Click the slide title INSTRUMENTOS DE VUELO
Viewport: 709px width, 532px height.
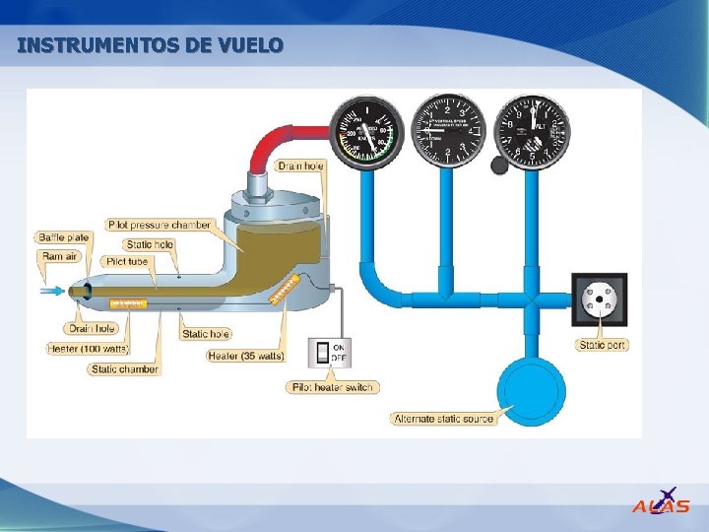tap(151, 45)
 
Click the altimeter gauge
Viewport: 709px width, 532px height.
tap(533, 130)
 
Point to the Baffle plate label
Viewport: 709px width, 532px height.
tap(64, 237)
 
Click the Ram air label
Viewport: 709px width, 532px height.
tap(60, 256)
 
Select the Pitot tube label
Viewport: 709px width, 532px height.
tap(126, 261)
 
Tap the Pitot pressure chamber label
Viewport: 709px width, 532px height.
tap(160, 225)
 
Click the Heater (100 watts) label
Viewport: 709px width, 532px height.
tap(89, 349)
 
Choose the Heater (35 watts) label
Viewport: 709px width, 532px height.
tap(247, 355)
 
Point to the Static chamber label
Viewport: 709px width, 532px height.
tap(124, 369)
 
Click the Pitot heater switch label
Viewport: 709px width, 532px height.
tap(333, 387)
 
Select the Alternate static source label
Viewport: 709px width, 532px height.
tap(444, 419)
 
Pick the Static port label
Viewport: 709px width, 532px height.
tap(603, 345)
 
